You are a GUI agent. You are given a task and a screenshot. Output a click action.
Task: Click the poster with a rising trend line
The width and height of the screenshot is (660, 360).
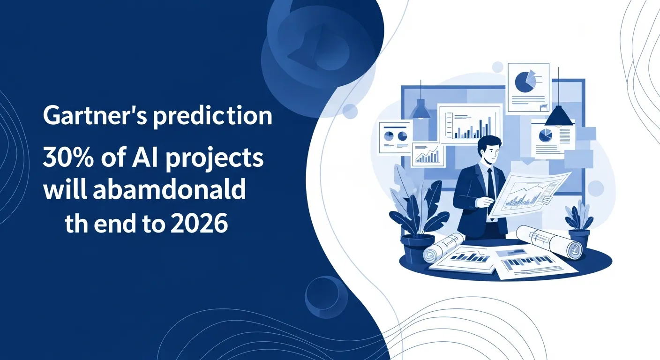tap(427, 155)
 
